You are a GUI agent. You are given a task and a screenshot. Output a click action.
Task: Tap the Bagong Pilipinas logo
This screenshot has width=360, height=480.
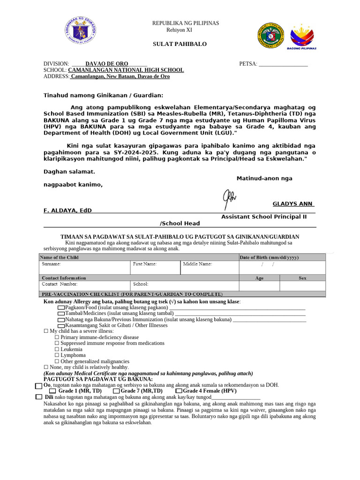coord(303,36)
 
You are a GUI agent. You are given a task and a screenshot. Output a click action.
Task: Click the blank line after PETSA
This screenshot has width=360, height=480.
coord(283,64)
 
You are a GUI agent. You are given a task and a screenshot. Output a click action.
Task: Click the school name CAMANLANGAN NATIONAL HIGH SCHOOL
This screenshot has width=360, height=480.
coord(126,70)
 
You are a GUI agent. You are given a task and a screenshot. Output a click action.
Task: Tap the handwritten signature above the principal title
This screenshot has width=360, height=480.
coord(230,198)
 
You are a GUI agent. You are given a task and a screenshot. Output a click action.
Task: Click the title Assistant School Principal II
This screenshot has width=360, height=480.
coord(264,217)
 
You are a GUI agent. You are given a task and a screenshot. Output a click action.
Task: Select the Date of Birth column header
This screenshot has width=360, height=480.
coord(269,257)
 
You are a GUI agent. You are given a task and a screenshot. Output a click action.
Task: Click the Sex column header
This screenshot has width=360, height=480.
coord(302,278)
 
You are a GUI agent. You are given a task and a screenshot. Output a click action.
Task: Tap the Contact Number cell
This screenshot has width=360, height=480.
coord(84,286)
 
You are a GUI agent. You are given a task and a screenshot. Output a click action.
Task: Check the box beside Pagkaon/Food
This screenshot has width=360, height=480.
coord(61,307)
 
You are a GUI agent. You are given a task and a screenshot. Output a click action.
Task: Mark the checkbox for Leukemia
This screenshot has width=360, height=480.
coord(57,349)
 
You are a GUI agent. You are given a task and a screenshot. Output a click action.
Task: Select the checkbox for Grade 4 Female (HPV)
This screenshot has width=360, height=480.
coord(179,391)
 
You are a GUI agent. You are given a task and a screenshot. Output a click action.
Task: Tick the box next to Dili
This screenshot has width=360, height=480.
coord(39,397)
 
